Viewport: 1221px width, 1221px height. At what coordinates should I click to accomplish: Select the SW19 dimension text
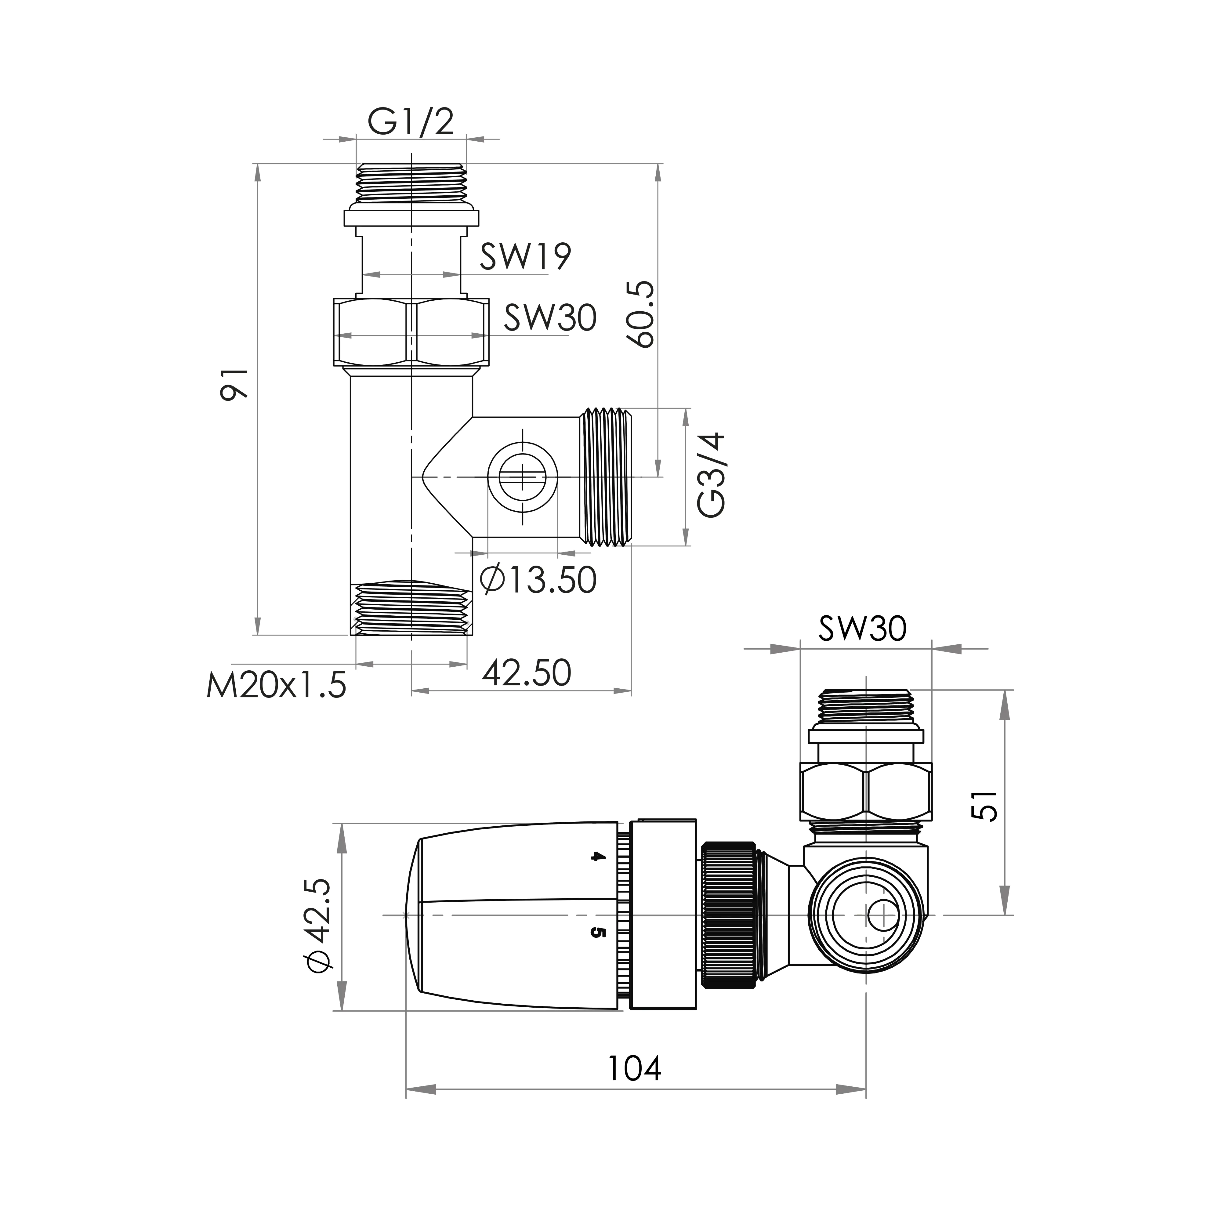pos(525,256)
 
